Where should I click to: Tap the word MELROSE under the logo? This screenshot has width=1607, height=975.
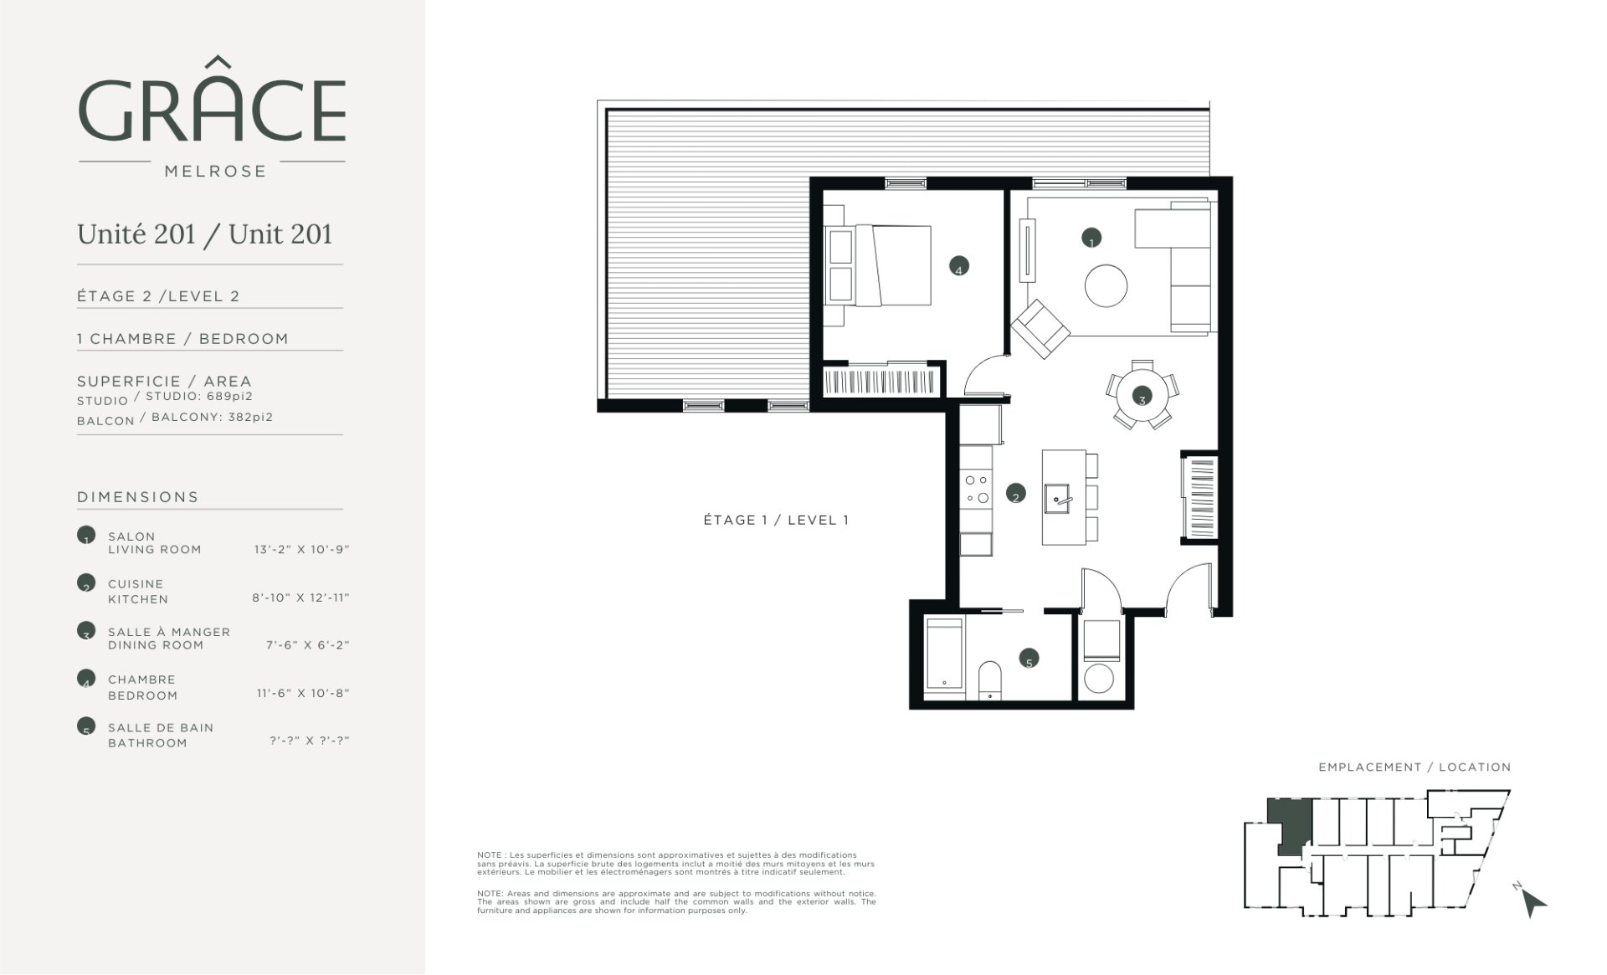tap(215, 171)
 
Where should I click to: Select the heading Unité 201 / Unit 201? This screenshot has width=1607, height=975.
tap(205, 233)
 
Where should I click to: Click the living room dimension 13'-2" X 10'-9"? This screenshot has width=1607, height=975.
tap(301, 550)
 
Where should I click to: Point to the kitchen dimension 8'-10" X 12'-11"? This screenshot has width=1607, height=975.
tap(300, 598)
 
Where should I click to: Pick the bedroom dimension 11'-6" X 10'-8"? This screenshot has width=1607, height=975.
tap(302, 693)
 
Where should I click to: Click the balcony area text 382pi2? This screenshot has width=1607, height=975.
tap(250, 417)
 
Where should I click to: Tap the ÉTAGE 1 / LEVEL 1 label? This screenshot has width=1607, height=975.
tap(776, 520)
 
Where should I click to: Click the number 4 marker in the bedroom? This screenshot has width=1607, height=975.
tap(958, 267)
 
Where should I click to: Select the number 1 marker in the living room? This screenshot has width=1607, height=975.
tap(1091, 239)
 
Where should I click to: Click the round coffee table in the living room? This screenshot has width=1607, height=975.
tap(1106, 286)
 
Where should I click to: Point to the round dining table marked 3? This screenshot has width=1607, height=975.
tap(1142, 395)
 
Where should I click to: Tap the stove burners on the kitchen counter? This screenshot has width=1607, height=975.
tap(976, 490)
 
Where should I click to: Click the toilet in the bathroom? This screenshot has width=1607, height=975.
tap(989, 679)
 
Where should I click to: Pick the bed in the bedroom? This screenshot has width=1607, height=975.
tap(879, 265)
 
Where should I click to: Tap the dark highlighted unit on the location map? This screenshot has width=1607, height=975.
tap(1289, 824)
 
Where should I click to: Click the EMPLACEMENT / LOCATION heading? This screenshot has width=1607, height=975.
tap(1414, 767)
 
